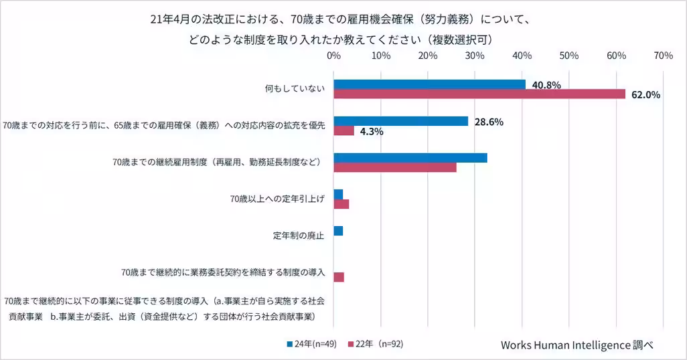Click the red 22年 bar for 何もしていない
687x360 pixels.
coord(479,94)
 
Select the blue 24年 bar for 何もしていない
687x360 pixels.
coord(429,84)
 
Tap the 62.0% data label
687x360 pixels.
coord(645,95)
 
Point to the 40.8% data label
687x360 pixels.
coord(546,85)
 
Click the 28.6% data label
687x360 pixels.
coord(489,122)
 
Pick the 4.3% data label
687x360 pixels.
coord(372,132)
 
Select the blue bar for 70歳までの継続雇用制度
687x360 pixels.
coord(410,158)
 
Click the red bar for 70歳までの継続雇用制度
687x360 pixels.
coord(395,167)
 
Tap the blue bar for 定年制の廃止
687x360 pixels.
coord(338,231)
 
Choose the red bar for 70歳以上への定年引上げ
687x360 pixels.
coord(341,204)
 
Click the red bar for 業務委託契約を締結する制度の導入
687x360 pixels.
coord(339,277)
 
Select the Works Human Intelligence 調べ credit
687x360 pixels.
coord(577,345)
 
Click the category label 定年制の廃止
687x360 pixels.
coord(299,236)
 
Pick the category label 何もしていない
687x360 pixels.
coord(295,89)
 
